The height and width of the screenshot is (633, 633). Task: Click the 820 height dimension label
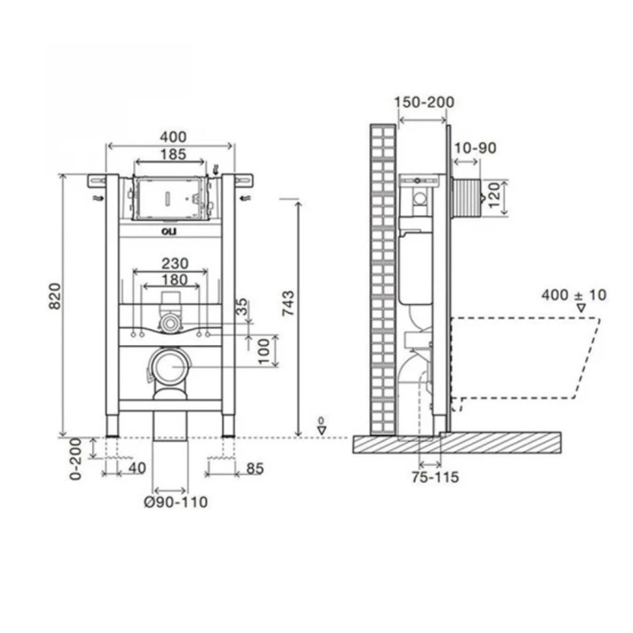point(55,296)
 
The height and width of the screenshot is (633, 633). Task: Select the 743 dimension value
point(289,303)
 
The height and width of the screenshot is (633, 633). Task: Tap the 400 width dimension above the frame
point(173,137)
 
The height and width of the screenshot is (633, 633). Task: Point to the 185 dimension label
point(173,154)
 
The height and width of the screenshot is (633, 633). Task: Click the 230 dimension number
point(175,263)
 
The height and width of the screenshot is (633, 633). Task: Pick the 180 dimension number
point(175,280)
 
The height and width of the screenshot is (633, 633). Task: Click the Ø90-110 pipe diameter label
point(176,502)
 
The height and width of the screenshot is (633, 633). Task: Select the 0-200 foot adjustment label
point(76,459)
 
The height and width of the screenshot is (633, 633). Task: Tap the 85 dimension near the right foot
point(254,468)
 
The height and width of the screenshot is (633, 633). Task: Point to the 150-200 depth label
point(424,102)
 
